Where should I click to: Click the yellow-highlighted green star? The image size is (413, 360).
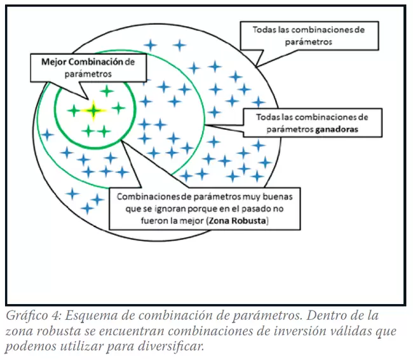click(x=93, y=111)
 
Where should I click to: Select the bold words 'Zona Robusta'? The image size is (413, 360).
click(x=237, y=221)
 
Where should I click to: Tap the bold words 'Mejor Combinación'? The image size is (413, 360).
click(x=83, y=62)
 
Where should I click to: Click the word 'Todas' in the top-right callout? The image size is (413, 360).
click(x=264, y=29)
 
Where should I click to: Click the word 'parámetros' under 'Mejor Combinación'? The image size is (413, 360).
click(x=88, y=74)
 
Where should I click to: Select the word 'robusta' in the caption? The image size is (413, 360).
click(x=58, y=331)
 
